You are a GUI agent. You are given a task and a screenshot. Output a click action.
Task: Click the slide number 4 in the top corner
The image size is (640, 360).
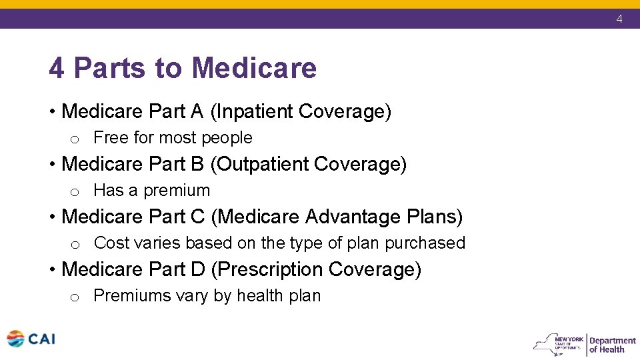[619, 19]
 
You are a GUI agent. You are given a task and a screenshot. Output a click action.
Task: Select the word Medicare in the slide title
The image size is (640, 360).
[253, 68]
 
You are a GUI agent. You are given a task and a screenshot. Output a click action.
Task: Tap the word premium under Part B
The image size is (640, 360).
[177, 191]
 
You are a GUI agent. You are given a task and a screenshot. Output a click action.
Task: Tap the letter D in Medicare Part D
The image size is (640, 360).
[197, 269]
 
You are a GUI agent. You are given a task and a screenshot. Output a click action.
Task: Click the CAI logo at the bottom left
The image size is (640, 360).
[31, 339]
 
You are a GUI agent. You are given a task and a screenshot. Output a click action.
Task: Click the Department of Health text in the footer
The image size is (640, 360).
[612, 345]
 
